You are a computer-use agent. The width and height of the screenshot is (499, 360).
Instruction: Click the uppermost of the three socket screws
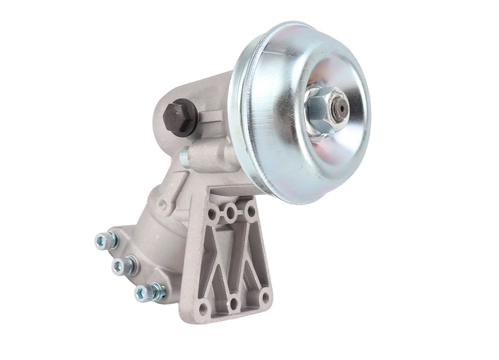(x=106, y=240)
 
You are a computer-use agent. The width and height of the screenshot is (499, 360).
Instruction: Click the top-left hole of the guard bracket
(x=212, y=214)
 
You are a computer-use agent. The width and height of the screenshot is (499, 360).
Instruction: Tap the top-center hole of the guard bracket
(x=232, y=210)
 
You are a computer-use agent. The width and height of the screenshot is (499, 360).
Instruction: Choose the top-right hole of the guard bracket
(x=250, y=209)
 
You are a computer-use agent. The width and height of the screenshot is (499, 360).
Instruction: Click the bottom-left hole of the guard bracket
(x=203, y=309)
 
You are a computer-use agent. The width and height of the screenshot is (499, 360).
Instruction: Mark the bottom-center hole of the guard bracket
(x=234, y=304)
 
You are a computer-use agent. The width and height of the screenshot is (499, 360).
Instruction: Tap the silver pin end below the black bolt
(x=184, y=156)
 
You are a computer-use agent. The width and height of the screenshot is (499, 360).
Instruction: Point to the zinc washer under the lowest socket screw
(x=157, y=292)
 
